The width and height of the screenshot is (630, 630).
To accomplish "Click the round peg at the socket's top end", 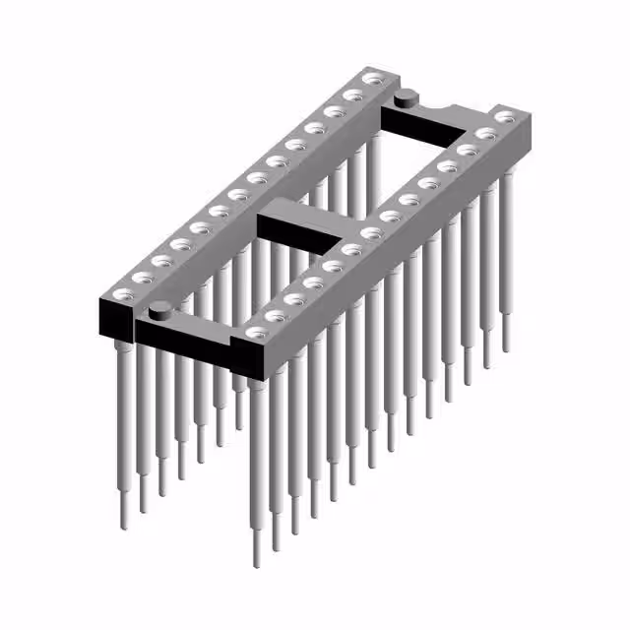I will pos(405,97).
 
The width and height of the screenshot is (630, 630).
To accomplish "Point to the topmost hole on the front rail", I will pos(504,117).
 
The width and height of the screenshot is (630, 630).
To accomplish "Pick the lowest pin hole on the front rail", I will pos(256,333).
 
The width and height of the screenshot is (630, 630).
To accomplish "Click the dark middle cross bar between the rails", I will pos(295,226).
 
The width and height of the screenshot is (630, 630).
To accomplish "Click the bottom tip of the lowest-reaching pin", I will pos(257,564).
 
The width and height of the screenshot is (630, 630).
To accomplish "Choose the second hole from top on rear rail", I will pos(351,95).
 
